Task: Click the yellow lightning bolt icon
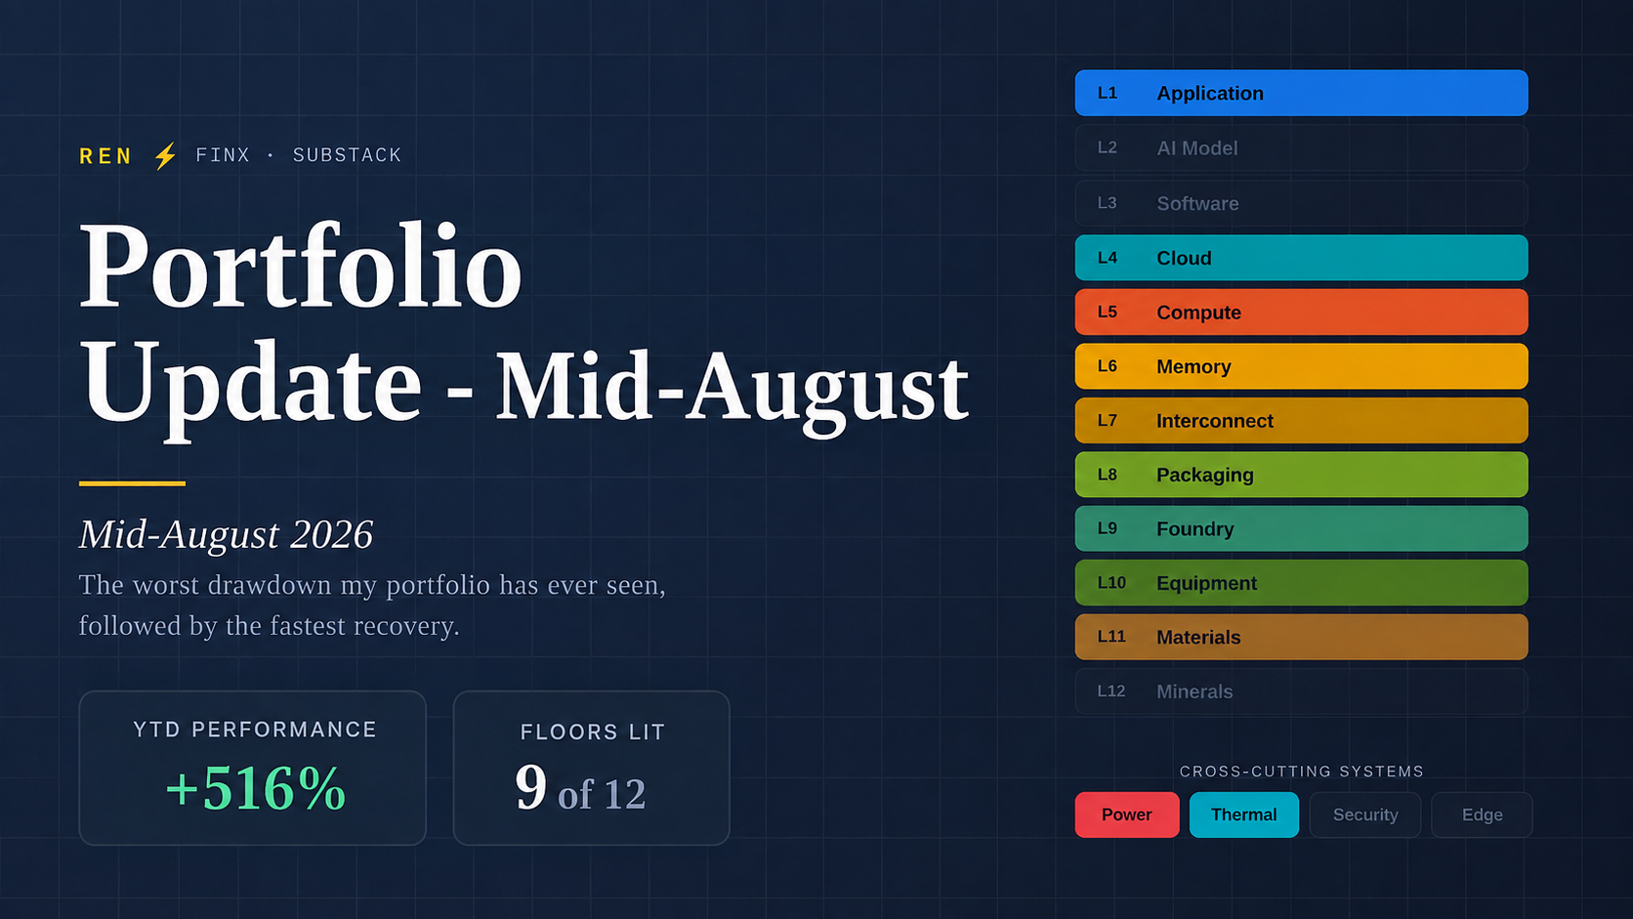point(165,156)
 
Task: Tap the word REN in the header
point(105,156)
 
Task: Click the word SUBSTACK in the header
point(347,155)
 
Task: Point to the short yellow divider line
point(132,483)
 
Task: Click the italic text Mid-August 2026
point(226,534)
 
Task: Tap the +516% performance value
point(255,788)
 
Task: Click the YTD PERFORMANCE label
point(255,730)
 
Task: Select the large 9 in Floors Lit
point(530,787)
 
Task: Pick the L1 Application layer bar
point(1301,93)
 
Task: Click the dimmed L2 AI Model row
point(1301,147)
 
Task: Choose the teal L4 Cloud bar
point(1301,257)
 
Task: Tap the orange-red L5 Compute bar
point(1301,312)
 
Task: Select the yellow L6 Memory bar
point(1301,366)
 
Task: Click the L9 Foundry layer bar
point(1301,528)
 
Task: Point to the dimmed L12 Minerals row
point(1301,690)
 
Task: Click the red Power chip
point(1126,815)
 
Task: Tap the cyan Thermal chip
point(1243,815)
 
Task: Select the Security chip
point(1364,815)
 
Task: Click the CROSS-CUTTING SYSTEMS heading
point(1301,772)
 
